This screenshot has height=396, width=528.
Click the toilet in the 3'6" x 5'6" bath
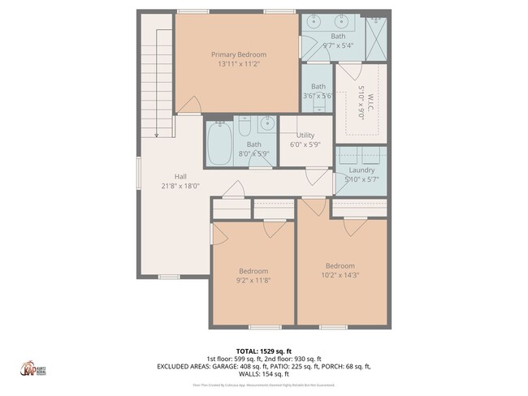pyautogui.click(x=318, y=71)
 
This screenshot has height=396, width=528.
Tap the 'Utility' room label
pyautogui.click(x=305, y=135)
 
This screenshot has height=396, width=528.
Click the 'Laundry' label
pyautogui.click(x=361, y=170)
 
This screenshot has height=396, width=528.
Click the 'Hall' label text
pyautogui.click(x=180, y=176)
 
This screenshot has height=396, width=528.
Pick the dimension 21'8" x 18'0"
pyautogui.click(x=180, y=186)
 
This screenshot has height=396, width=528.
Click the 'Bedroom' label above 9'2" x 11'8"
pyautogui.click(x=253, y=271)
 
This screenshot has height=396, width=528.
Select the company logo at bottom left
pyautogui.click(x=32, y=368)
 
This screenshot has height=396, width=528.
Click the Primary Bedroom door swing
pyautogui.click(x=188, y=105)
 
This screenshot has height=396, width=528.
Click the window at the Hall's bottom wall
pyautogui.click(x=169, y=277)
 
